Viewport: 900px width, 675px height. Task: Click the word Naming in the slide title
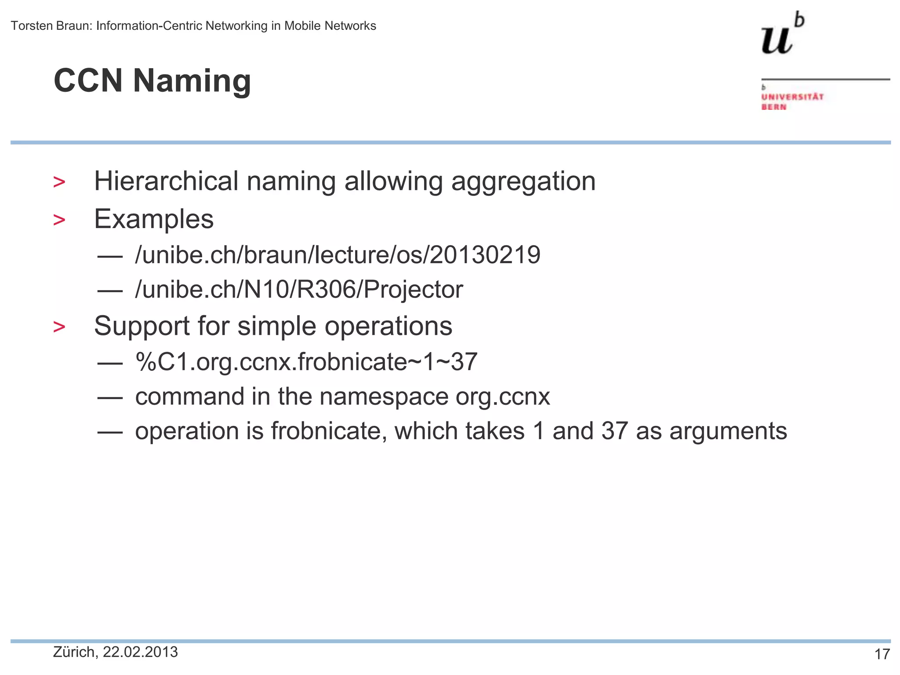(192, 81)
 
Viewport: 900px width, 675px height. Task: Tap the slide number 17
(882, 654)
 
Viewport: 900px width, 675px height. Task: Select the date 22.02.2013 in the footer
(140, 652)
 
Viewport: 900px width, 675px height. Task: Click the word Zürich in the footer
(73, 652)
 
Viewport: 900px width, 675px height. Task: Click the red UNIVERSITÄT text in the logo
(792, 97)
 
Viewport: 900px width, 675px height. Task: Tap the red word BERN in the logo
(774, 107)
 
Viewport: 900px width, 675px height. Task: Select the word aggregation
(523, 182)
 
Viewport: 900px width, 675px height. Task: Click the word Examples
(154, 219)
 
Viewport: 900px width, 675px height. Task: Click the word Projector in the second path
(413, 290)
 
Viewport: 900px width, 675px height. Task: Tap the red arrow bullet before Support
(59, 327)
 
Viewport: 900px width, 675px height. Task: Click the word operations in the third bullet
(388, 326)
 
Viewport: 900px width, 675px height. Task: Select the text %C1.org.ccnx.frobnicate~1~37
(306, 362)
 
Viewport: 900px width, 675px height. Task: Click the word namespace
(384, 397)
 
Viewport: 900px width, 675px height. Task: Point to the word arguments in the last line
(728, 431)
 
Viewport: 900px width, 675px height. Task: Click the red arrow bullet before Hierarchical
(59, 182)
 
